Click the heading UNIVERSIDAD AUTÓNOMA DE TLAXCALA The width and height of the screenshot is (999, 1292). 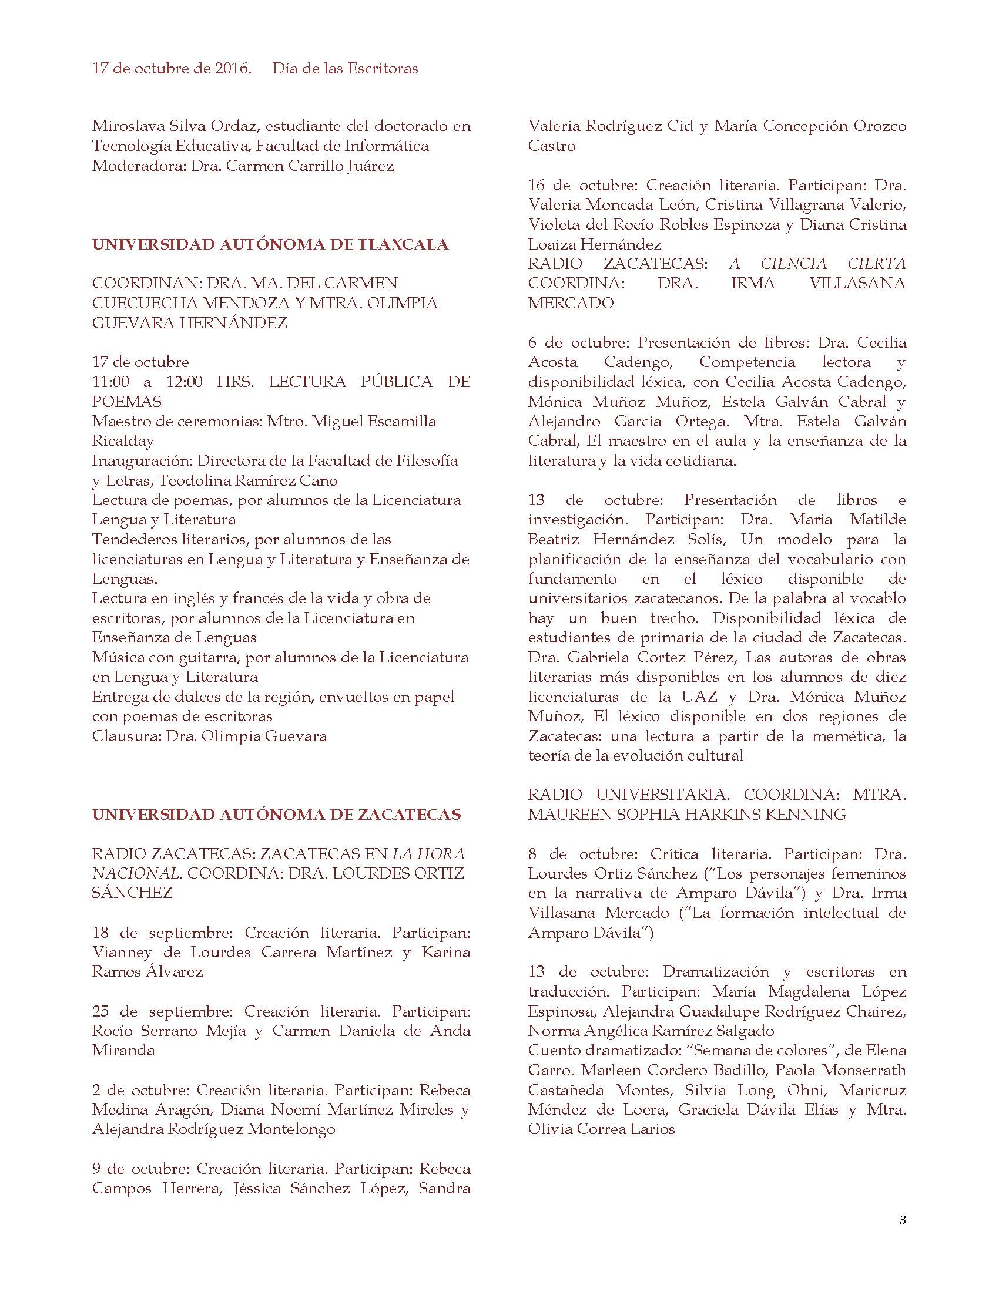[270, 244]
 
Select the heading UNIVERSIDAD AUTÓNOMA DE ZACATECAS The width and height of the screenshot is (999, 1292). [276, 815]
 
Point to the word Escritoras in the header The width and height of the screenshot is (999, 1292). [383, 69]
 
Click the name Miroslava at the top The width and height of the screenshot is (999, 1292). [123, 126]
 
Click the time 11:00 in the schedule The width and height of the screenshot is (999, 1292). [110, 382]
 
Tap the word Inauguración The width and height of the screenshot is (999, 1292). [142, 460]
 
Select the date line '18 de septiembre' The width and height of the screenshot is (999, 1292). [159, 933]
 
